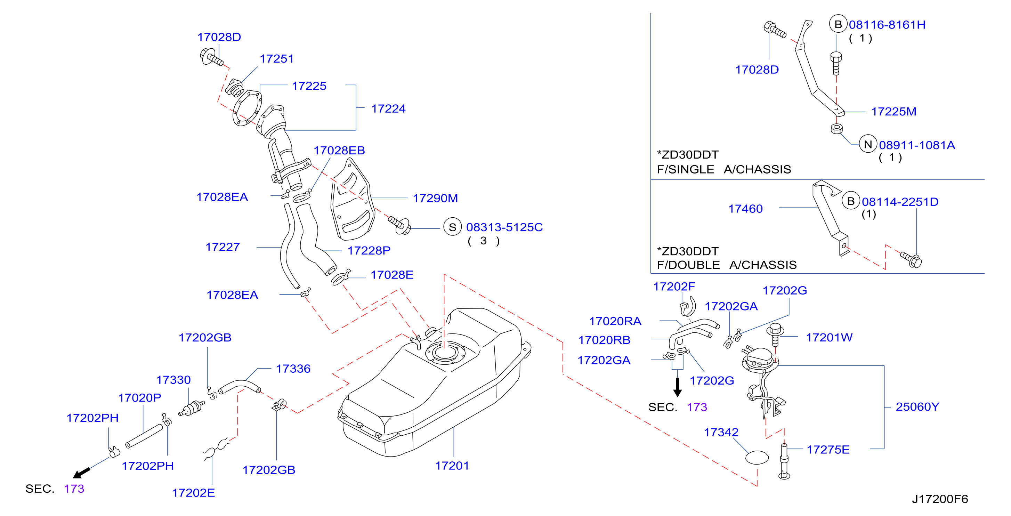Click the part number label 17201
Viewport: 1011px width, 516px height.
click(452, 466)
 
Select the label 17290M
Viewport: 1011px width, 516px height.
click(435, 198)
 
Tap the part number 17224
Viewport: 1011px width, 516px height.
click(388, 109)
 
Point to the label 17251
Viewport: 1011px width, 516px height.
click(277, 59)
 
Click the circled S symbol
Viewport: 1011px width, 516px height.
click(453, 227)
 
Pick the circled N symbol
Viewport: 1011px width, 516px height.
click(868, 144)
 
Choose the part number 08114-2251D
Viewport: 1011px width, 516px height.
click(900, 202)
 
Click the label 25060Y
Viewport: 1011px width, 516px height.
click(917, 407)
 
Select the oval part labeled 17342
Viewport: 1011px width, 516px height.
click(757, 458)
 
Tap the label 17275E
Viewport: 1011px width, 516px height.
click(828, 450)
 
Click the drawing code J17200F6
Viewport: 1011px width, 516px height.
click(940, 499)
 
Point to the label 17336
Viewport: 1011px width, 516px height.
click(293, 369)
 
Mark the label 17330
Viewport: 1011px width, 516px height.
click(173, 380)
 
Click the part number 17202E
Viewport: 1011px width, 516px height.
click(194, 493)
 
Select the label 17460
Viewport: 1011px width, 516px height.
click(745, 209)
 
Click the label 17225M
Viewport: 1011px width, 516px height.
click(893, 111)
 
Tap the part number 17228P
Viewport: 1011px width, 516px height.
click(369, 250)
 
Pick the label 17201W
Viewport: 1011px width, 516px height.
click(829, 338)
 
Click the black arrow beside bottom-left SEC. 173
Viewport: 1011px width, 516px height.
click(82, 473)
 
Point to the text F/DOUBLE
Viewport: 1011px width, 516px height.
click(688, 265)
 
